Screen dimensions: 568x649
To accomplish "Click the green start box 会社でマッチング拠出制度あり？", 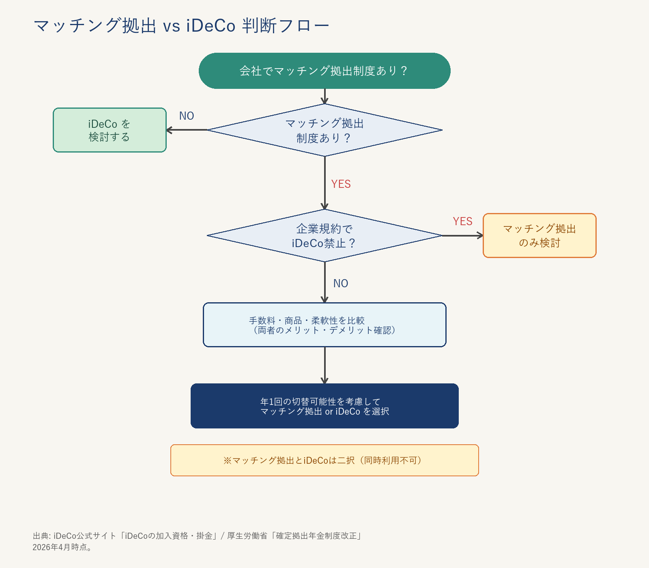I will [x=324, y=71].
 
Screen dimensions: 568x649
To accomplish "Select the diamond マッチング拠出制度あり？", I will [x=324, y=130].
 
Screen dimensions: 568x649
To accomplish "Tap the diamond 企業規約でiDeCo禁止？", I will [x=324, y=236].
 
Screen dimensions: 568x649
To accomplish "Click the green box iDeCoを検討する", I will [x=110, y=130].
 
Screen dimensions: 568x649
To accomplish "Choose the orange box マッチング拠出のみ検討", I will [x=539, y=236].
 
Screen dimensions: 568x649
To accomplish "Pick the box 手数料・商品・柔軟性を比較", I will [x=324, y=325].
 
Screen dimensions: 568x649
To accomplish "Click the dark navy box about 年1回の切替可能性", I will [x=324, y=406].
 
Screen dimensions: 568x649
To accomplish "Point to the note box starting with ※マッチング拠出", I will [x=324, y=460].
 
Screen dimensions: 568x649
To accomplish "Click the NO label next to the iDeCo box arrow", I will [x=187, y=116].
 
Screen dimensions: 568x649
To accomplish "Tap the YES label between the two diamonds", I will [x=341, y=184].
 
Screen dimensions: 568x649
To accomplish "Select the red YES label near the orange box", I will [x=462, y=222].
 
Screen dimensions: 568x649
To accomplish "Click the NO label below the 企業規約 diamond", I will [x=341, y=284].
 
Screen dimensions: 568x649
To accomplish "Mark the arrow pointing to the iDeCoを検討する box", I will [x=187, y=130].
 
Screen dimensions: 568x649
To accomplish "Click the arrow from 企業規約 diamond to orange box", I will [x=462, y=235].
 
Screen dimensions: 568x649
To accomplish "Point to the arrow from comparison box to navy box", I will [x=324, y=365].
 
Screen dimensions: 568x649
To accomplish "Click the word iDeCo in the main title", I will [x=211, y=26].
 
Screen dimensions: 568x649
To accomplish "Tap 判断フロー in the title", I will [x=286, y=26].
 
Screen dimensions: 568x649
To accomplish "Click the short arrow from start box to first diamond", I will [x=324, y=97].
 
